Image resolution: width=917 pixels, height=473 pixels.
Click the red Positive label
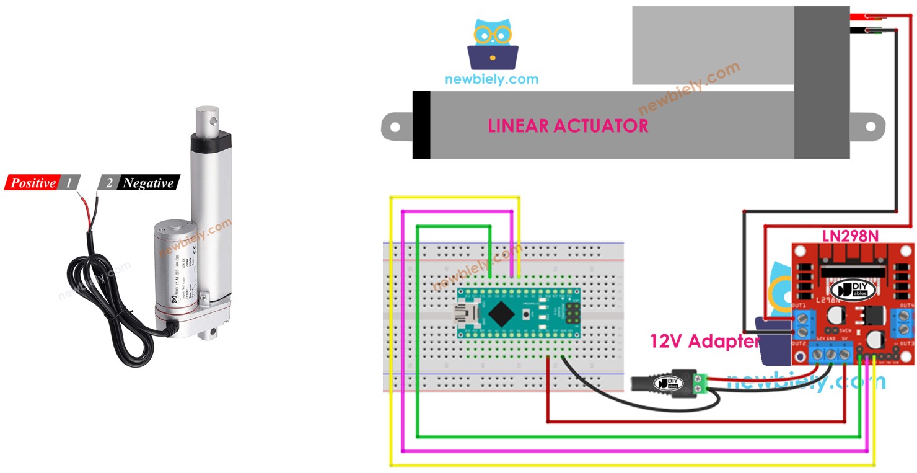click(x=32, y=183)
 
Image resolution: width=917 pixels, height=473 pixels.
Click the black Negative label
click(x=147, y=183)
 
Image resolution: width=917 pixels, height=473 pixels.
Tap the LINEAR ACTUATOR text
click(x=568, y=126)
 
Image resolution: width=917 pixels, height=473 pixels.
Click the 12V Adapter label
click(x=704, y=341)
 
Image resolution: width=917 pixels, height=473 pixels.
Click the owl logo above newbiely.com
click(x=493, y=45)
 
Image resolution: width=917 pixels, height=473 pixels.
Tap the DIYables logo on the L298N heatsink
click(x=858, y=290)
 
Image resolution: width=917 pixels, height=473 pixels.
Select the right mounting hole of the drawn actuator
click(x=871, y=126)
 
